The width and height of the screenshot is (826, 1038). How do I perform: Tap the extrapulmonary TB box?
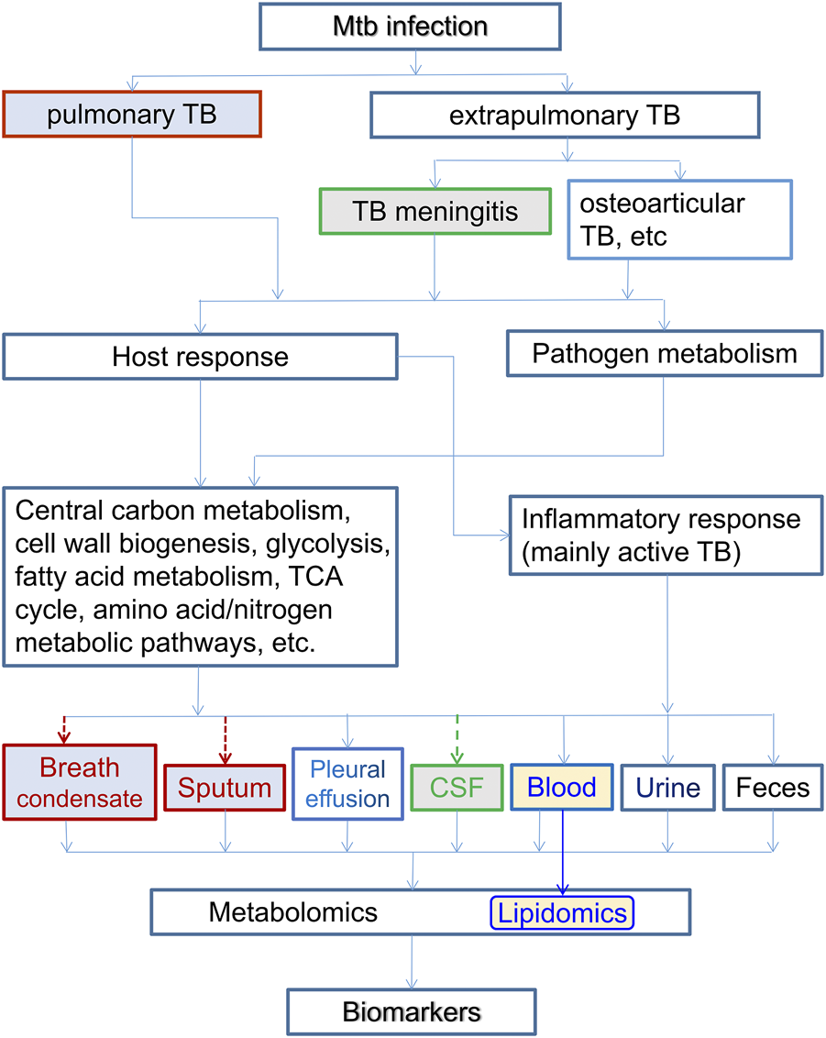click(564, 116)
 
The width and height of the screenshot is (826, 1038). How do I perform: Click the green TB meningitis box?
click(435, 213)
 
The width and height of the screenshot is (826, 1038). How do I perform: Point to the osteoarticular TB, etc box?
click(679, 220)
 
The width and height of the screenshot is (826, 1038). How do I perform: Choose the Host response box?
click(200, 356)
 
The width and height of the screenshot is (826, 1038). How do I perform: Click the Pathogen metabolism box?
click(665, 353)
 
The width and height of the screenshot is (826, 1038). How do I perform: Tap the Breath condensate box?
click(81, 782)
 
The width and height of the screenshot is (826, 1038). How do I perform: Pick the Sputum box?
click(224, 788)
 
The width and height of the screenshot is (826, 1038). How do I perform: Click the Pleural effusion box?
click(347, 783)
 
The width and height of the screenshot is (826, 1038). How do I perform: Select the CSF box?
click(457, 788)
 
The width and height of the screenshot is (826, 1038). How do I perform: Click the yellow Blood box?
click(562, 787)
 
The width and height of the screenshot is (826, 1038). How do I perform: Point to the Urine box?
click(667, 788)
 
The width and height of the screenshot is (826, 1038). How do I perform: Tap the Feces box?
click(774, 787)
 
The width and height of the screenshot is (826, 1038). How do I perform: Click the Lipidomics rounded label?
click(563, 913)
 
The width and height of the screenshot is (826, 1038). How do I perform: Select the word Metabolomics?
click(292, 912)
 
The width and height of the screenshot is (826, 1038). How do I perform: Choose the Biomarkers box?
click(411, 1012)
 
